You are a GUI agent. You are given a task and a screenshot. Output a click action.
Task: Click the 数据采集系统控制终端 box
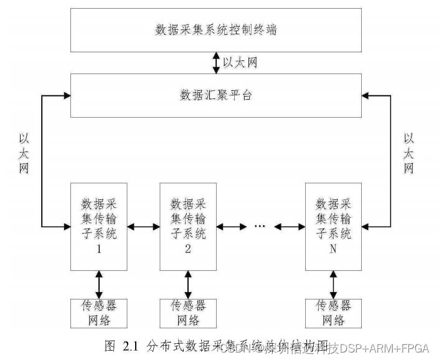tap(216, 30)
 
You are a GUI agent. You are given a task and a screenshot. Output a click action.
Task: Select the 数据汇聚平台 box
tap(216, 95)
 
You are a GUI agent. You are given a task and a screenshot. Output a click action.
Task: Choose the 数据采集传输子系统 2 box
tap(187, 226)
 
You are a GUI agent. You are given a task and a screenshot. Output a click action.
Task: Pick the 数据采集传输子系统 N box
tap(333, 226)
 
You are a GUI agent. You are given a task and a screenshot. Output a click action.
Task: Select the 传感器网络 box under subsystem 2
tap(187, 313)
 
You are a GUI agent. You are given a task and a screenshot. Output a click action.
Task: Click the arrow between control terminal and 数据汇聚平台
tap(216, 62)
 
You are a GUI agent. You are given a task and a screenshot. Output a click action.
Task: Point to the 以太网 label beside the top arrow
tap(240, 63)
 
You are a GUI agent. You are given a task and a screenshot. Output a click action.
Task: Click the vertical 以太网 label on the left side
tap(24, 153)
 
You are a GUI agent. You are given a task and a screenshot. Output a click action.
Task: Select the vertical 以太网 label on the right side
tap(409, 153)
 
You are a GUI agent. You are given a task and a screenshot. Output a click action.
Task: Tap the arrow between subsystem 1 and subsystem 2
tap(143, 226)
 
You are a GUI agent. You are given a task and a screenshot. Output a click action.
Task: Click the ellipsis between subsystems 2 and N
tap(261, 226)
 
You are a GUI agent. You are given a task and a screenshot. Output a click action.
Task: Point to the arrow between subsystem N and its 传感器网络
tap(333, 284)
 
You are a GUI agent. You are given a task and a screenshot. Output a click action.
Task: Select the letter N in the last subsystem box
tap(333, 250)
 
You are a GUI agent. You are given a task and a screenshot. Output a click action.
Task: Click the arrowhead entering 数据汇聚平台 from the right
tap(366, 95)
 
